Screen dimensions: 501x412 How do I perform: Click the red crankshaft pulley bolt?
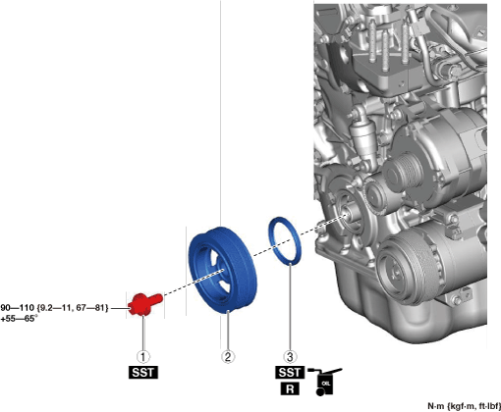coord(144,304)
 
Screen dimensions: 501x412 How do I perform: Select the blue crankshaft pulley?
coord(223,270)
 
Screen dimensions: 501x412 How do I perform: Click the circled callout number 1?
coord(143,356)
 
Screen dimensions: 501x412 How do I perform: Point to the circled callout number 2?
coord(228,356)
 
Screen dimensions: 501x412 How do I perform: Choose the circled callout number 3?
coord(290,356)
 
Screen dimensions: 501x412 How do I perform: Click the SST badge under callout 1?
coord(143,373)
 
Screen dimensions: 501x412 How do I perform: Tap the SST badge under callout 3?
coord(290,373)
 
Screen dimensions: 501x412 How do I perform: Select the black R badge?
coord(290,388)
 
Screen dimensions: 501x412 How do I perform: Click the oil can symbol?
coord(325,382)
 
